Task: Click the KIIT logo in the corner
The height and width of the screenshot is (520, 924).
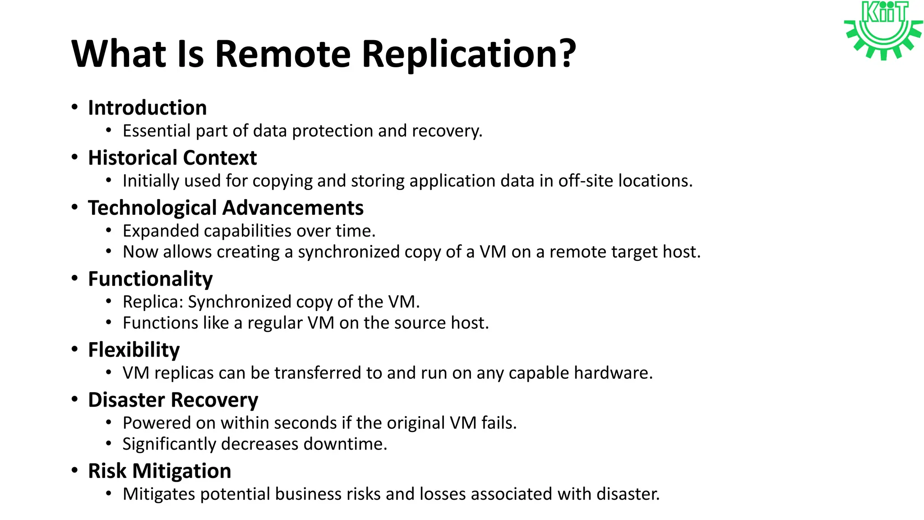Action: point(883,30)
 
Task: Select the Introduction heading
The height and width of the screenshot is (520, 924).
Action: point(147,108)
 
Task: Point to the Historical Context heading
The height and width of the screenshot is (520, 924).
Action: point(172,158)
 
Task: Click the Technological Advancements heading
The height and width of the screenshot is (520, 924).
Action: point(226,208)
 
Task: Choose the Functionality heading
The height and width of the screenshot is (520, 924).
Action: point(150,279)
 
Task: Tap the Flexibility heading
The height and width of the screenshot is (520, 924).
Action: point(134,350)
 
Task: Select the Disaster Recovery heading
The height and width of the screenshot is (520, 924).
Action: point(173,400)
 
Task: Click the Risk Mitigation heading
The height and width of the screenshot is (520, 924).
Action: point(159,471)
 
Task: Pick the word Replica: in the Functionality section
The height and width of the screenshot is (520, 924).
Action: point(153,302)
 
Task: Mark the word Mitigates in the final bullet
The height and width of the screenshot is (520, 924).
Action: point(159,494)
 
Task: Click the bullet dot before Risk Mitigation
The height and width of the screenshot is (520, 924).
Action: point(75,470)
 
